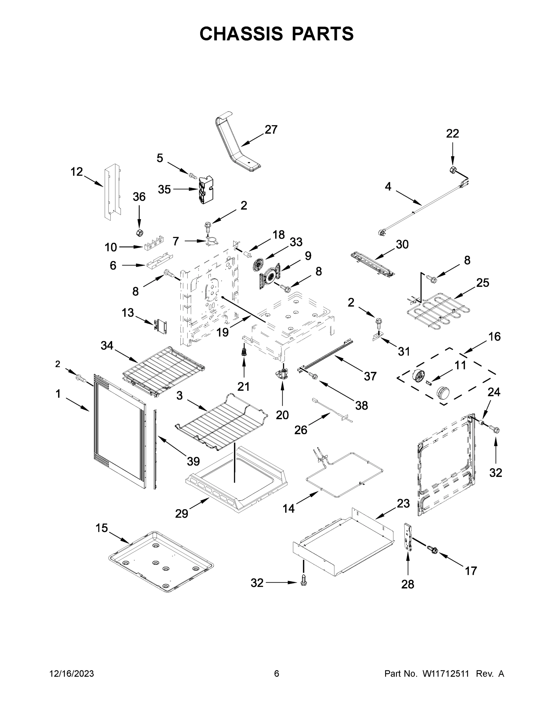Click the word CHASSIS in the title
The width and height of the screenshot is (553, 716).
coord(241,33)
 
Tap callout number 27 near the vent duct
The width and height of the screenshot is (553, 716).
coord(271,129)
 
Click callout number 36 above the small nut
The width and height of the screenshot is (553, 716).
coord(139,197)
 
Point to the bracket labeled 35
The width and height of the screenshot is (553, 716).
coord(206,190)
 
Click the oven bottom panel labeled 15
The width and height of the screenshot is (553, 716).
coord(160,561)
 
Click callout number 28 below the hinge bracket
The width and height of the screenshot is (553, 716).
coord(408,584)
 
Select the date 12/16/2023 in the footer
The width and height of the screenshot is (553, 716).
coord(72,674)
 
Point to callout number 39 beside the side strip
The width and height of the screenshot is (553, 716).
coord(193,461)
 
